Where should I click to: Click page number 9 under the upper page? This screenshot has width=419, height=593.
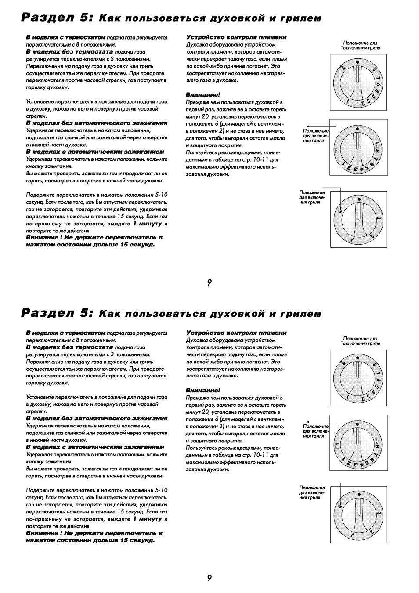click(x=209, y=282)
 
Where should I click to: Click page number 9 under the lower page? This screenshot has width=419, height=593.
click(x=209, y=578)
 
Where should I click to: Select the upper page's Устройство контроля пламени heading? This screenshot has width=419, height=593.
click(x=236, y=37)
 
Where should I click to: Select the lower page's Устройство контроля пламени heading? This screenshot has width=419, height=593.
click(x=236, y=333)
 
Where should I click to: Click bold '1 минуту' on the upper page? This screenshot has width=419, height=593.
click(x=148, y=224)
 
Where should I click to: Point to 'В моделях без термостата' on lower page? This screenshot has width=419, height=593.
click(x=69, y=347)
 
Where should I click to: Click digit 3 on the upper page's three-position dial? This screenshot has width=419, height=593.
click(x=378, y=219)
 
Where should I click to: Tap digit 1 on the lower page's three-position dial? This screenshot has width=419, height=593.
click(x=352, y=536)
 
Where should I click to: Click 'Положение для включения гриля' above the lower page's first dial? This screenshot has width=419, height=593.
click(x=361, y=341)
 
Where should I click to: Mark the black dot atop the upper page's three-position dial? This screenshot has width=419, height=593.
click(x=359, y=199)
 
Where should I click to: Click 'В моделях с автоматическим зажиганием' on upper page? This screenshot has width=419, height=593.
click(x=95, y=152)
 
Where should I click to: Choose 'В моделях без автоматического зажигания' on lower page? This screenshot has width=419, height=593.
click(x=97, y=419)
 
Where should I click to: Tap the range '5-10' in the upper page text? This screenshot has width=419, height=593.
click(x=161, y=195)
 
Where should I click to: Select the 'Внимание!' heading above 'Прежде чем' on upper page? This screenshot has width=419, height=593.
click(x=202, y=94)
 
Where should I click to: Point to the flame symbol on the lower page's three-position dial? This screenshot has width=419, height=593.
click(x=340, y=506)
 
